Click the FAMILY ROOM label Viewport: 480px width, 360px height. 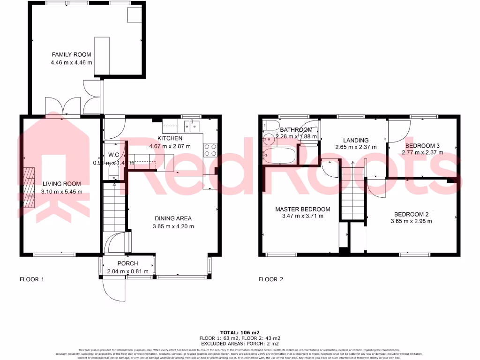pos(71,55)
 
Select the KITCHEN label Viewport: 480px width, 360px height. pos(170,139)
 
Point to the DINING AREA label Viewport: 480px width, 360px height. pos(173,218)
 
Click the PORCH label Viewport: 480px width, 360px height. pos(127,263)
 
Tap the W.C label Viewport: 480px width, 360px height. pos(113,155)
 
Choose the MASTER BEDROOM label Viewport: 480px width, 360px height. pos(302,209)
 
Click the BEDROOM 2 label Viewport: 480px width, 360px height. pos(411,214)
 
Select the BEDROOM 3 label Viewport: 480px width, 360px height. pos(423,145)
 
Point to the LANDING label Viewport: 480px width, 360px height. pos(355,140)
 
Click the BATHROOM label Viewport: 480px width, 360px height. pos(296,130)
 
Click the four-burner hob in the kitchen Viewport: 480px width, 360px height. pos(210,149)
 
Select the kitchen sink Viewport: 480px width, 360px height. pos(192,125)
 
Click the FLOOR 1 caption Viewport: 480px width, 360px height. pos(32,280)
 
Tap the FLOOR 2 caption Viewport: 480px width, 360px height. pos(271,280)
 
